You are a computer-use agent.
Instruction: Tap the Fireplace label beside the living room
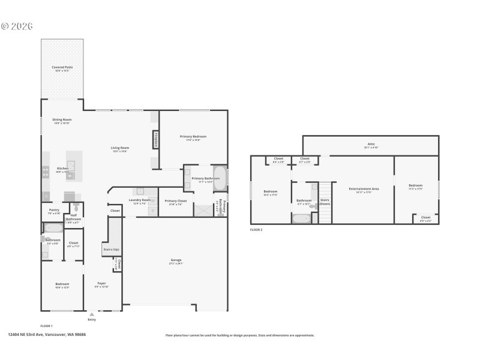click(155, 140)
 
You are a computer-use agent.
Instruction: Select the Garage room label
click(176, 260)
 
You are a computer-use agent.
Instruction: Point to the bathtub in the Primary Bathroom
click(220, 178)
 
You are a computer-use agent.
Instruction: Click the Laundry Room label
click(140, 200)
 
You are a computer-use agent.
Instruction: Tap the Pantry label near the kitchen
click(54, 210)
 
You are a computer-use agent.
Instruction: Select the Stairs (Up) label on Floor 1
click(112, 249)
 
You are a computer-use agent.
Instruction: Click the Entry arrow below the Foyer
click(91, 314)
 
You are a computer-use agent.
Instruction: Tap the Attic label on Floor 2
click(371, 144)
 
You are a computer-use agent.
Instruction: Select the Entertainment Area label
click(364, 188)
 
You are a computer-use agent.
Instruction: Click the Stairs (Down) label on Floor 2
click(325, 202)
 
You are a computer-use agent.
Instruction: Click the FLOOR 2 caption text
click(256, 230)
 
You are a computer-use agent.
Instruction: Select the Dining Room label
click(62, 119)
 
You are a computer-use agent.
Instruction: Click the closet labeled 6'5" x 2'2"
click(425, 218)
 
